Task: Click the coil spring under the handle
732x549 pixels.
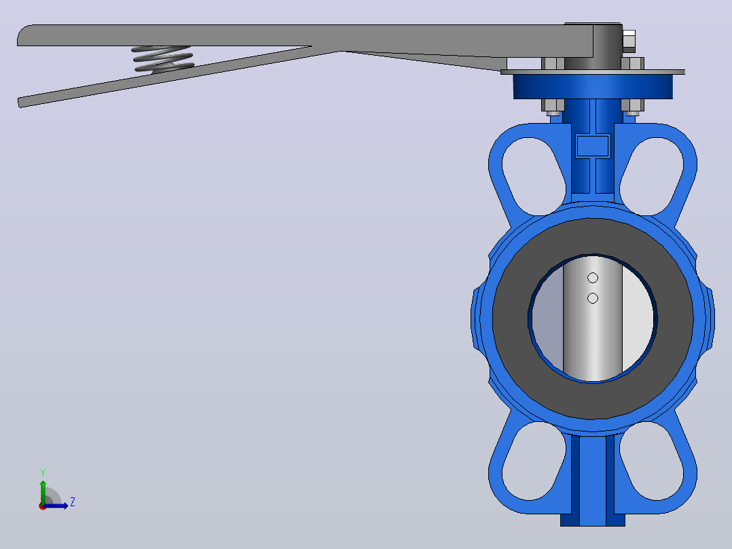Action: pos(162,59)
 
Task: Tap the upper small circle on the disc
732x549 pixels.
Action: pos(592,278)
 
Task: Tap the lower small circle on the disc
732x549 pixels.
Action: pos(592,298)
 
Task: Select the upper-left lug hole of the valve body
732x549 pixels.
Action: pos(534,176)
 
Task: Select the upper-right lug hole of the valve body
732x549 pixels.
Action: pos(652,176)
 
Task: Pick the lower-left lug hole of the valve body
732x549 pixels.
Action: pos(534,461)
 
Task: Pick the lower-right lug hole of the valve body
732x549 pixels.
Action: pos(652,461)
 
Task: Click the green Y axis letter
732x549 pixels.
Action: pos(43,473)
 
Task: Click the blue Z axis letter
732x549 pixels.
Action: pos(73,502)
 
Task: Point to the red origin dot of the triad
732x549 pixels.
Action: pos(43,506)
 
